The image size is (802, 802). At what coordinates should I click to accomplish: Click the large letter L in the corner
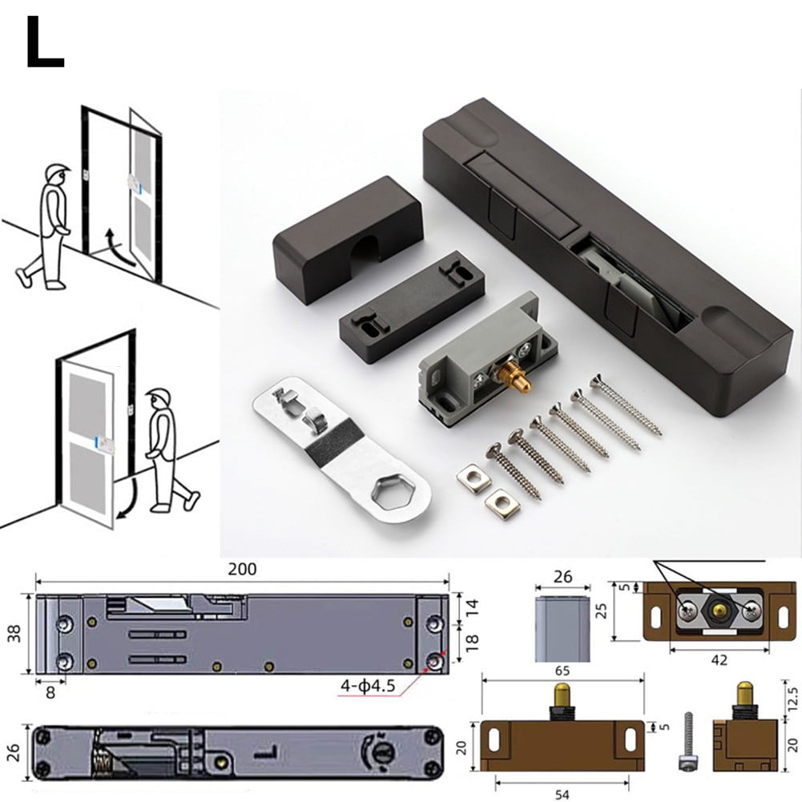(44, 43)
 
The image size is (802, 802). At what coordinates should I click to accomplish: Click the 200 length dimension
(242, 570)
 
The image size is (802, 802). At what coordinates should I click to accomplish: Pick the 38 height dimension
(12, 634)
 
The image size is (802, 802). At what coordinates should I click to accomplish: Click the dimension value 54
(562, 793)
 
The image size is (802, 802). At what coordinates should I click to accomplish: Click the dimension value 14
(472, 607)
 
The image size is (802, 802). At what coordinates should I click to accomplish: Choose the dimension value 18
(472, 641)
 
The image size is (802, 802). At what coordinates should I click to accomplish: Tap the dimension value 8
(50, 694)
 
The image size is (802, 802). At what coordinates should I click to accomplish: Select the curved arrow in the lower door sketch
(125, 495)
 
